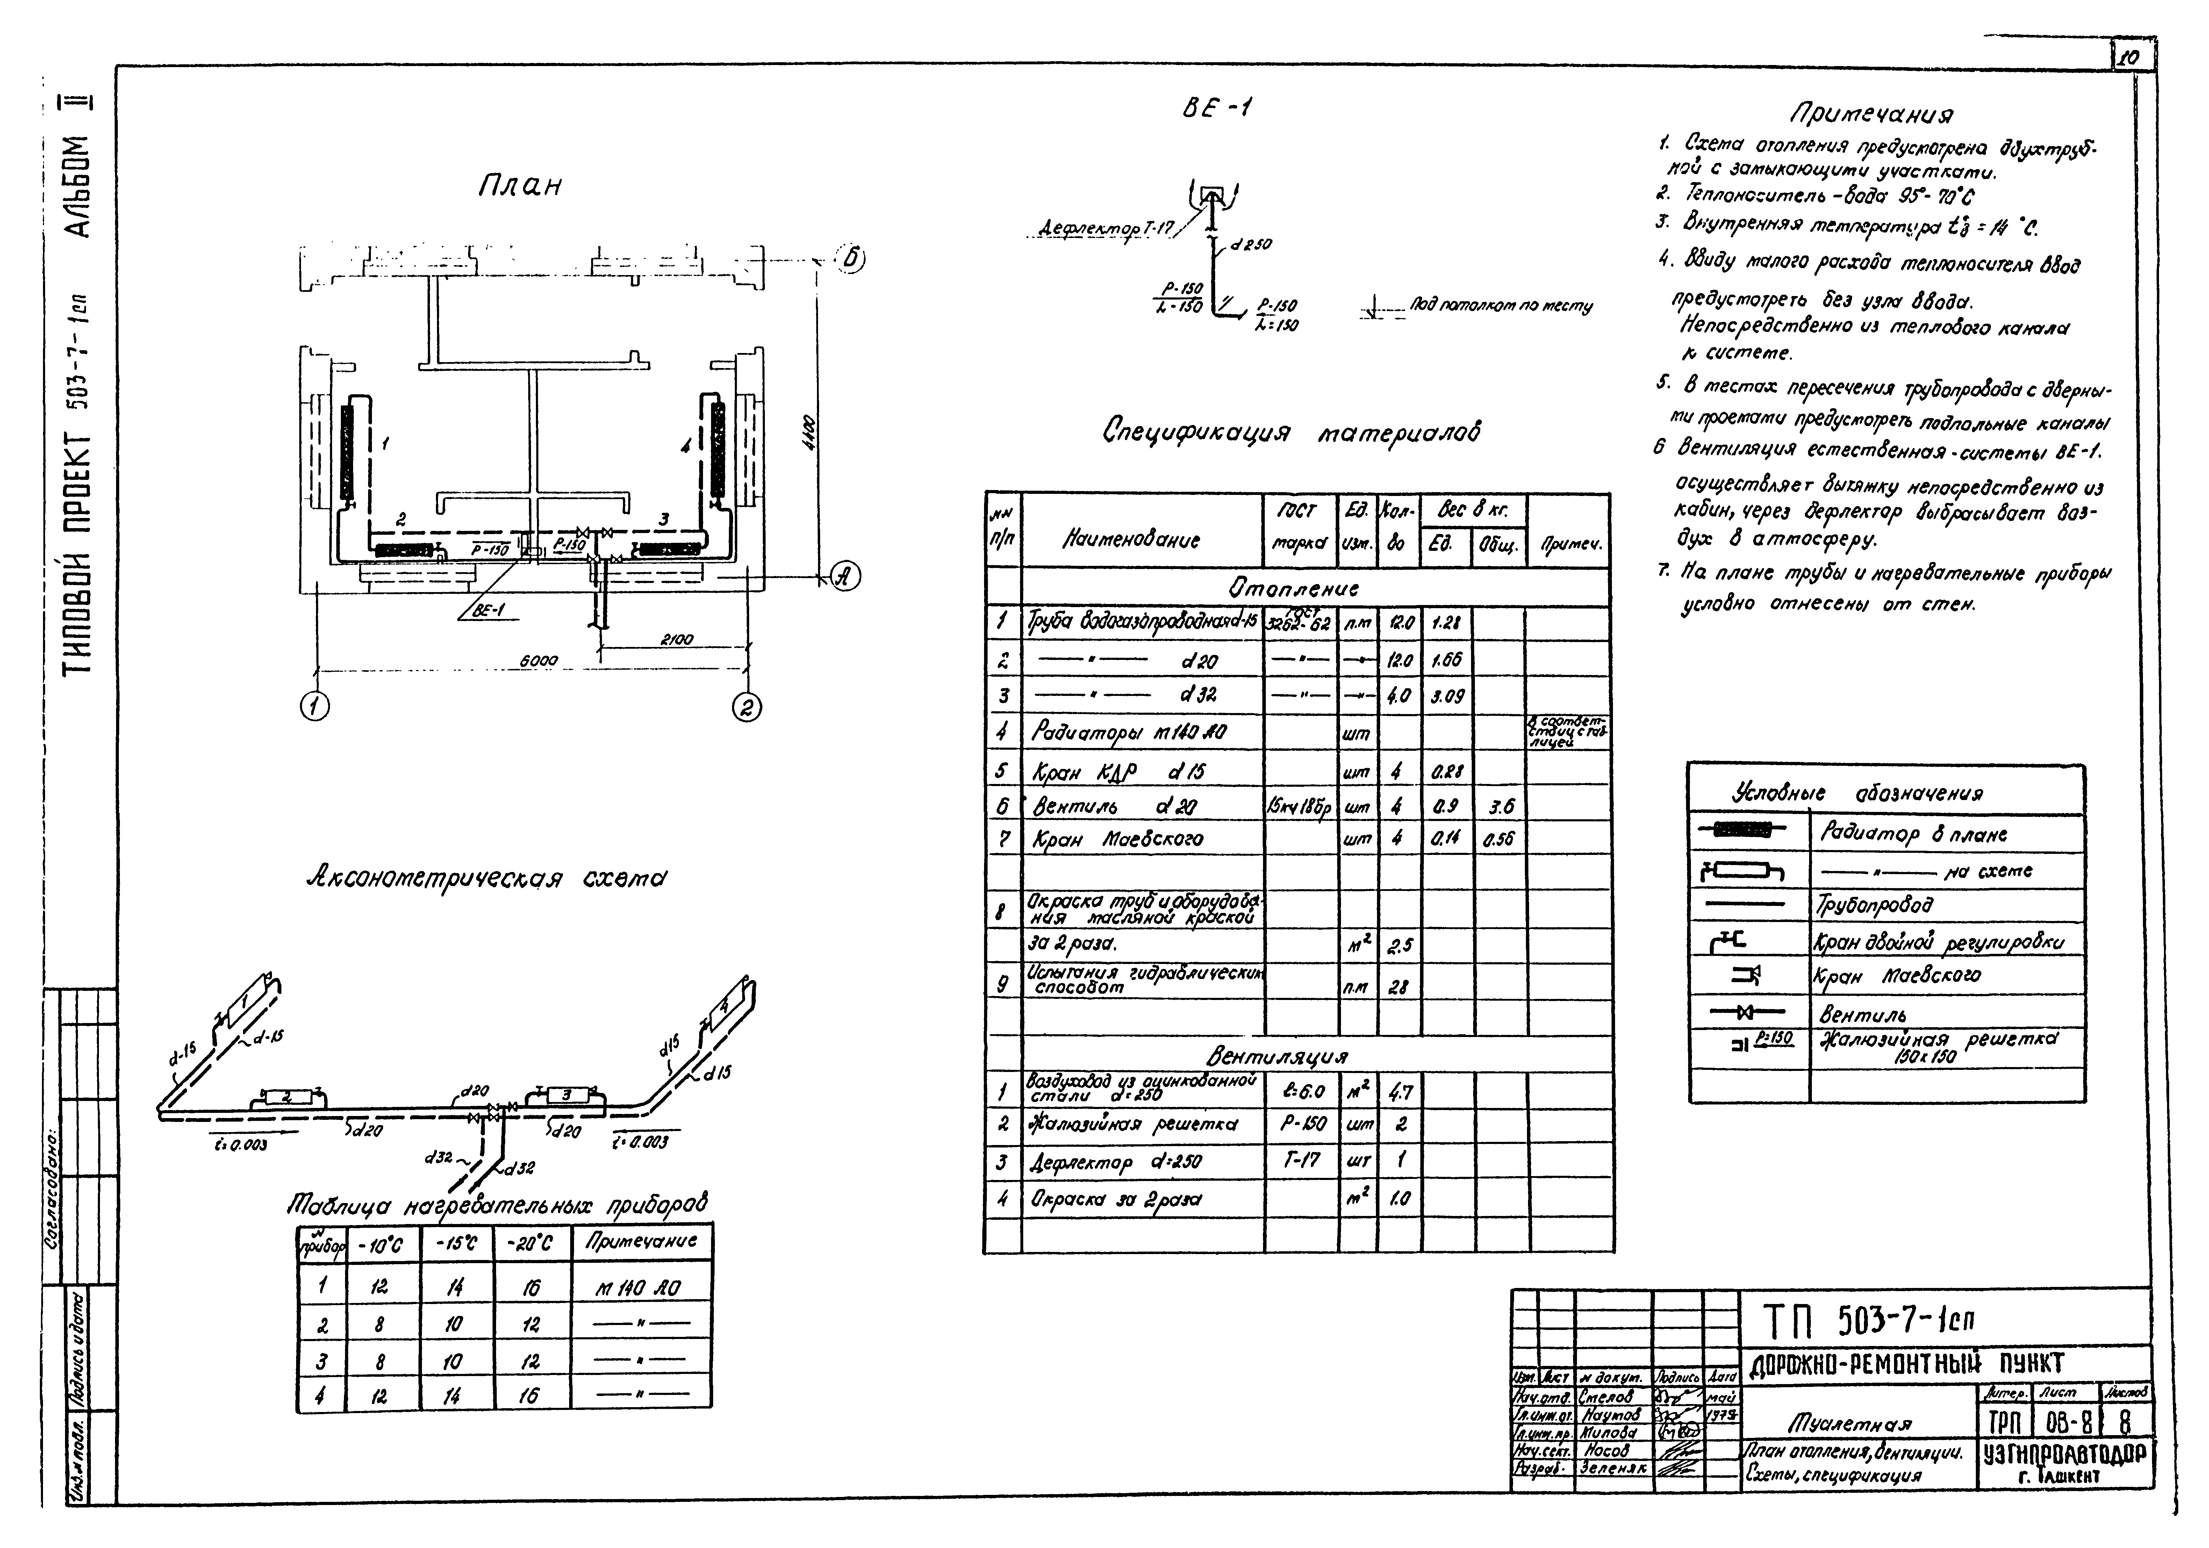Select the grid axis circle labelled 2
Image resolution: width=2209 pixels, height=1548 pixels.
coord(747,708)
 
